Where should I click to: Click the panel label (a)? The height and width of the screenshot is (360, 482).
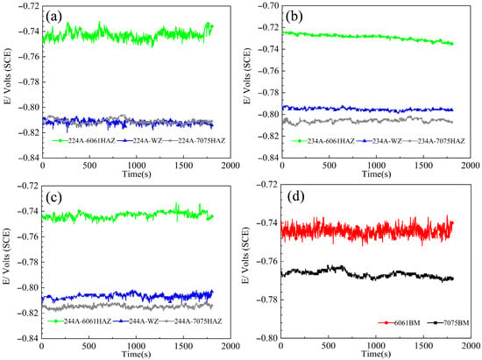[x=53, y=17]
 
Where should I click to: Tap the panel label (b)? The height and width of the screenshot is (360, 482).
[x=294, y=17]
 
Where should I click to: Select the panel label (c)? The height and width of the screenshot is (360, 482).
[x=53, y=197]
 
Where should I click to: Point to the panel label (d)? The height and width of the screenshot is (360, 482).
[x=295, y=196]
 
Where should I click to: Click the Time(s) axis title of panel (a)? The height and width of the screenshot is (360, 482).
[x=137, y=173]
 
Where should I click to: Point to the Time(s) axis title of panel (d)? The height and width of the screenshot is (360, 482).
[x=376, y=354]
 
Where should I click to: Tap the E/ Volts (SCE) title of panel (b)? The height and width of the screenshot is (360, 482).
[x=247, y=75]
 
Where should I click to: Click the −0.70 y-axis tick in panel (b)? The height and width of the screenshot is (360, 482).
[x=270, y=5]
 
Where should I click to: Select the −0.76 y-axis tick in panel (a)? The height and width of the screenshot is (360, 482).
[x=30, y=57]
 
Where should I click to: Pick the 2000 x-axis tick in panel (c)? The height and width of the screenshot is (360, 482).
[x=230, y=346]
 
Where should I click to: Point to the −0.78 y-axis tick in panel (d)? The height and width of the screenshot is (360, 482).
[x=269, y=300]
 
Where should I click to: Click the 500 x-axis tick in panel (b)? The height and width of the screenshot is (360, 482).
[x=330, y=166]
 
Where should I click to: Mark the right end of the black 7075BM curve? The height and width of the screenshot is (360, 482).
[x=453, y=279]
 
